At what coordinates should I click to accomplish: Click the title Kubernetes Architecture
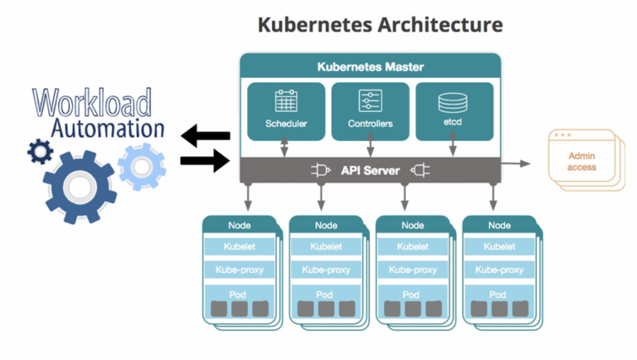pos(380,24)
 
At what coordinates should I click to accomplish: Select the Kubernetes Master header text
pos(370,66)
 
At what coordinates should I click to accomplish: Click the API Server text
pos(370,171)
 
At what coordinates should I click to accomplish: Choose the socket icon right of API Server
pos(420,171)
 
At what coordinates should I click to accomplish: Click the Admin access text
pos(581,161)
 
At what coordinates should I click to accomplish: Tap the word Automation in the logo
pos(107,129)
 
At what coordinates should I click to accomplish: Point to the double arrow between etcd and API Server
pos(452,148)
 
